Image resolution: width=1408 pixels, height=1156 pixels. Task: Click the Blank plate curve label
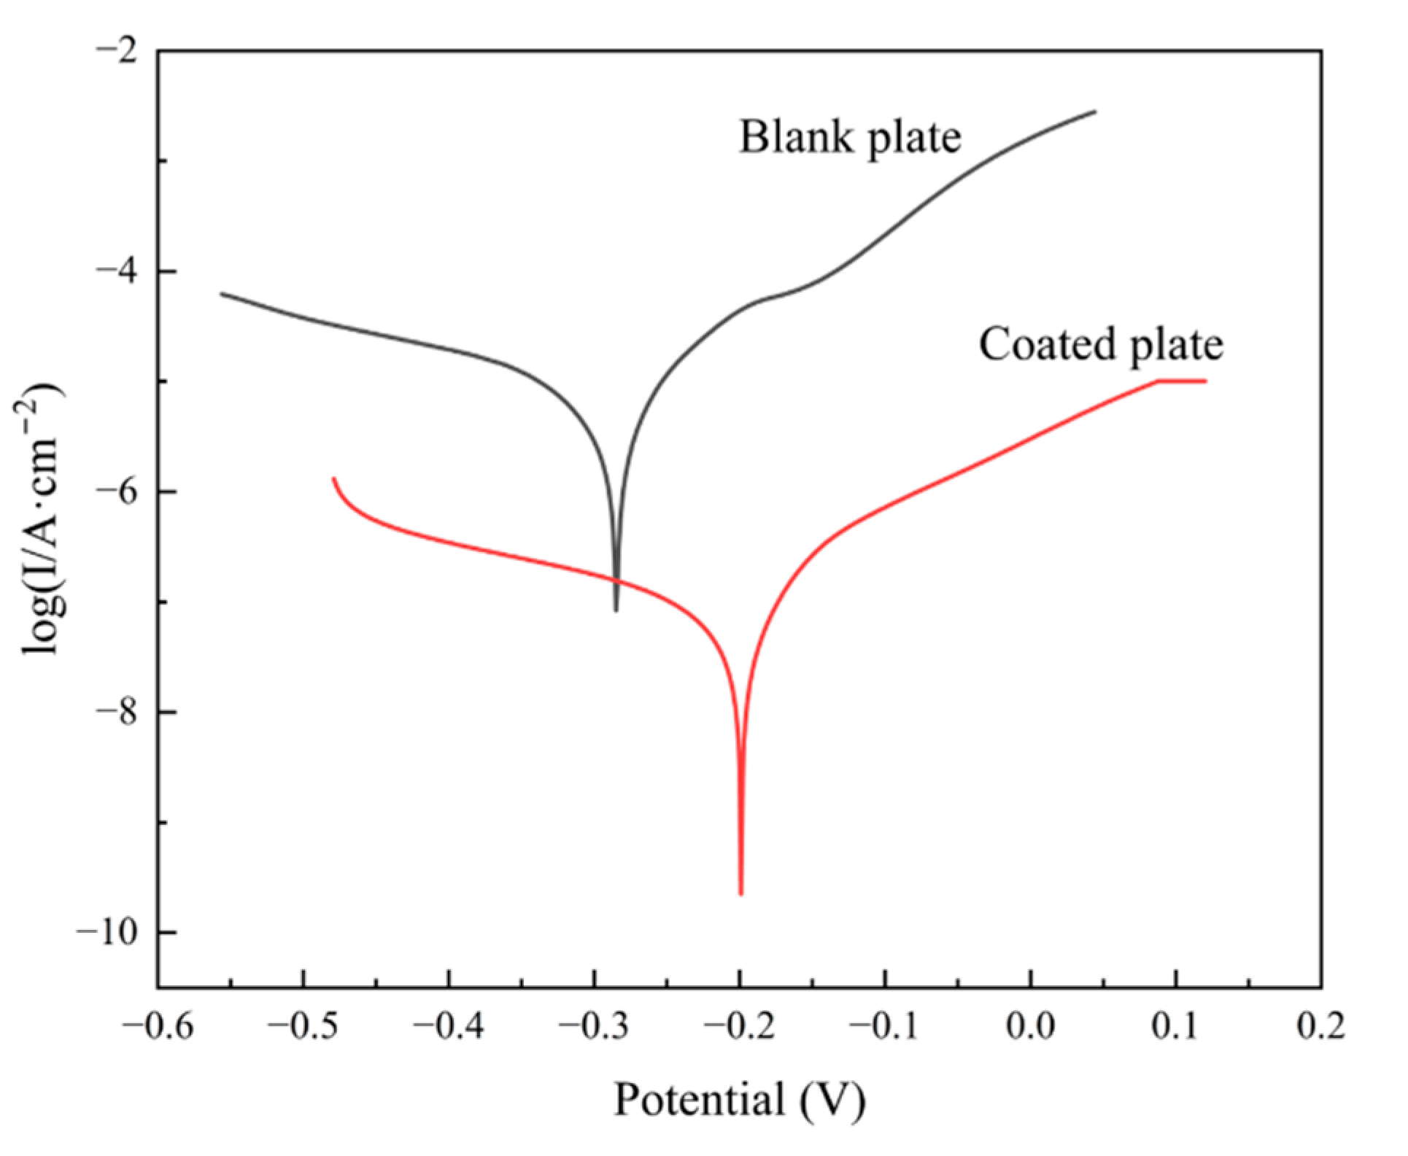pos(850,137)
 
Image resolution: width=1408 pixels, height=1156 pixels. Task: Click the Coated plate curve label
pos(1100,344)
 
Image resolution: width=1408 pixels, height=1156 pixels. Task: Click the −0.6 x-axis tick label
pos(158,1028)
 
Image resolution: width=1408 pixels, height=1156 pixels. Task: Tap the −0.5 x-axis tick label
pos(303,1028)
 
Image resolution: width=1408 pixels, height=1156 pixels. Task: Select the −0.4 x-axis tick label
pos(449,1028)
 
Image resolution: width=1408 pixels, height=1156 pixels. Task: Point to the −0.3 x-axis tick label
pos(594,1028)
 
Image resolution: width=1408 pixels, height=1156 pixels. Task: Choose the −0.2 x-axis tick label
pos(740,1028)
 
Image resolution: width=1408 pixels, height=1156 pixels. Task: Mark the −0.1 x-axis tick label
pos(885,1028)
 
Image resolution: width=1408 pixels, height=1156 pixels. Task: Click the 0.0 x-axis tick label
pos(1030,1028)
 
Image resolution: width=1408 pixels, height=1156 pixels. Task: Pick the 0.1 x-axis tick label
pos(1175,1028)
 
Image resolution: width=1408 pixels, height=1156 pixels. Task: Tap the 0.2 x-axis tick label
pos(1320,1028)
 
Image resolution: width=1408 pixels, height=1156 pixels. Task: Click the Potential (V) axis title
pos(740,1100)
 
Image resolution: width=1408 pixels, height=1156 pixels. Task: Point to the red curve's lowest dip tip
pos(741,893)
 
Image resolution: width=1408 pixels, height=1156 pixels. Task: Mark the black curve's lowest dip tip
pos(616,610)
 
